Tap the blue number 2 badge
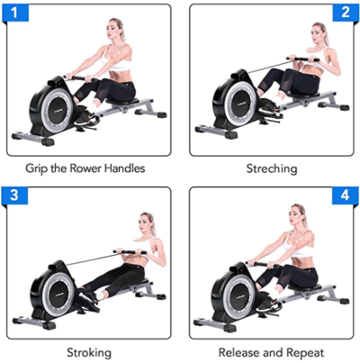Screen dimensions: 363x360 pyautogui.click(x=343, y=14)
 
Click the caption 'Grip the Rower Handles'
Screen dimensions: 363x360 pyautogui.click(x=86, y=168)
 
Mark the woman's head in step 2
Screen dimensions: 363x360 pyautogui.click(x=317, y=33)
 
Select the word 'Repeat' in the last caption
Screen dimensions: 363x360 pyautogui.click(x=304, y=351)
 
